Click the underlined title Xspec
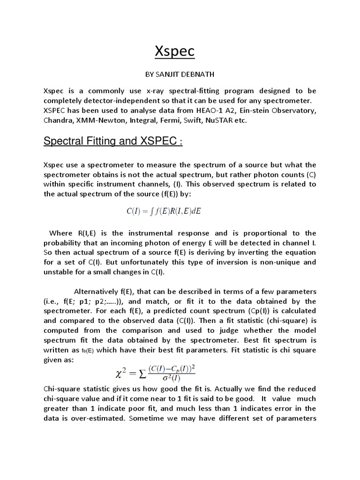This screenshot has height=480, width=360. (x=174, y=52)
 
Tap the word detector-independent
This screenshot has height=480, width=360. (x=118, y=101)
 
